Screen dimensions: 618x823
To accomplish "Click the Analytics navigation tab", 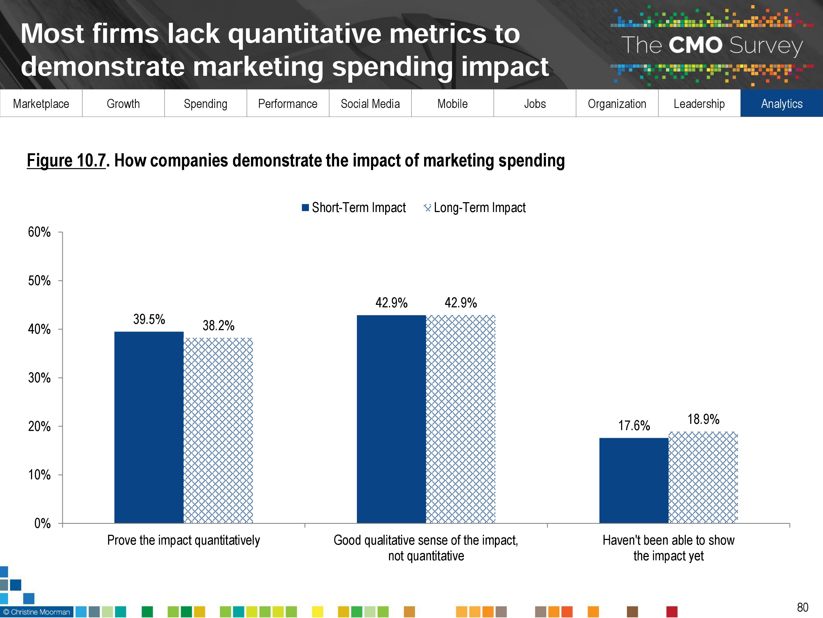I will click(x=781, y=104).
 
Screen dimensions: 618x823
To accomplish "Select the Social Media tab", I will click(x=370, y=104).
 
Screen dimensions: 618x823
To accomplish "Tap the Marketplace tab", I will click(x=41, y=104).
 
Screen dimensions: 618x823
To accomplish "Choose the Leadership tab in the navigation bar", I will click(x=699, y=104).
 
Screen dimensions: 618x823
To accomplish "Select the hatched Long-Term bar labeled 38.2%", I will click(x=218, y=430).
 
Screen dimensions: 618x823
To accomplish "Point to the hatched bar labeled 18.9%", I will click(x=703, y=477).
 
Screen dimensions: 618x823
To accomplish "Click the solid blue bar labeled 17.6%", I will click(x=634, y=481).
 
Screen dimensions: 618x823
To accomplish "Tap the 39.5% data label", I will click(x=149, y=319).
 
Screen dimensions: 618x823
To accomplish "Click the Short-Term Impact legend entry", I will click(x=354, y=207).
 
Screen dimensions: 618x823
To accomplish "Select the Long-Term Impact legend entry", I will click(x=475, y=207).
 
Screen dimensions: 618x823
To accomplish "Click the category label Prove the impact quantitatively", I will click(x=184, y=540).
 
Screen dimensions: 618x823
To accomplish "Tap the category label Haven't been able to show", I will click(x=668, y=548).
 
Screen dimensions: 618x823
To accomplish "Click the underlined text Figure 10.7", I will click(x=66, y=161).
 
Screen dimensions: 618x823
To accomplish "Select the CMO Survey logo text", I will click(x=711, y=45).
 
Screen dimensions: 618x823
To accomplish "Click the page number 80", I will click(x=802, y=607).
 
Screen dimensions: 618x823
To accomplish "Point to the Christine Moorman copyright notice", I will click(x=36, y=612).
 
